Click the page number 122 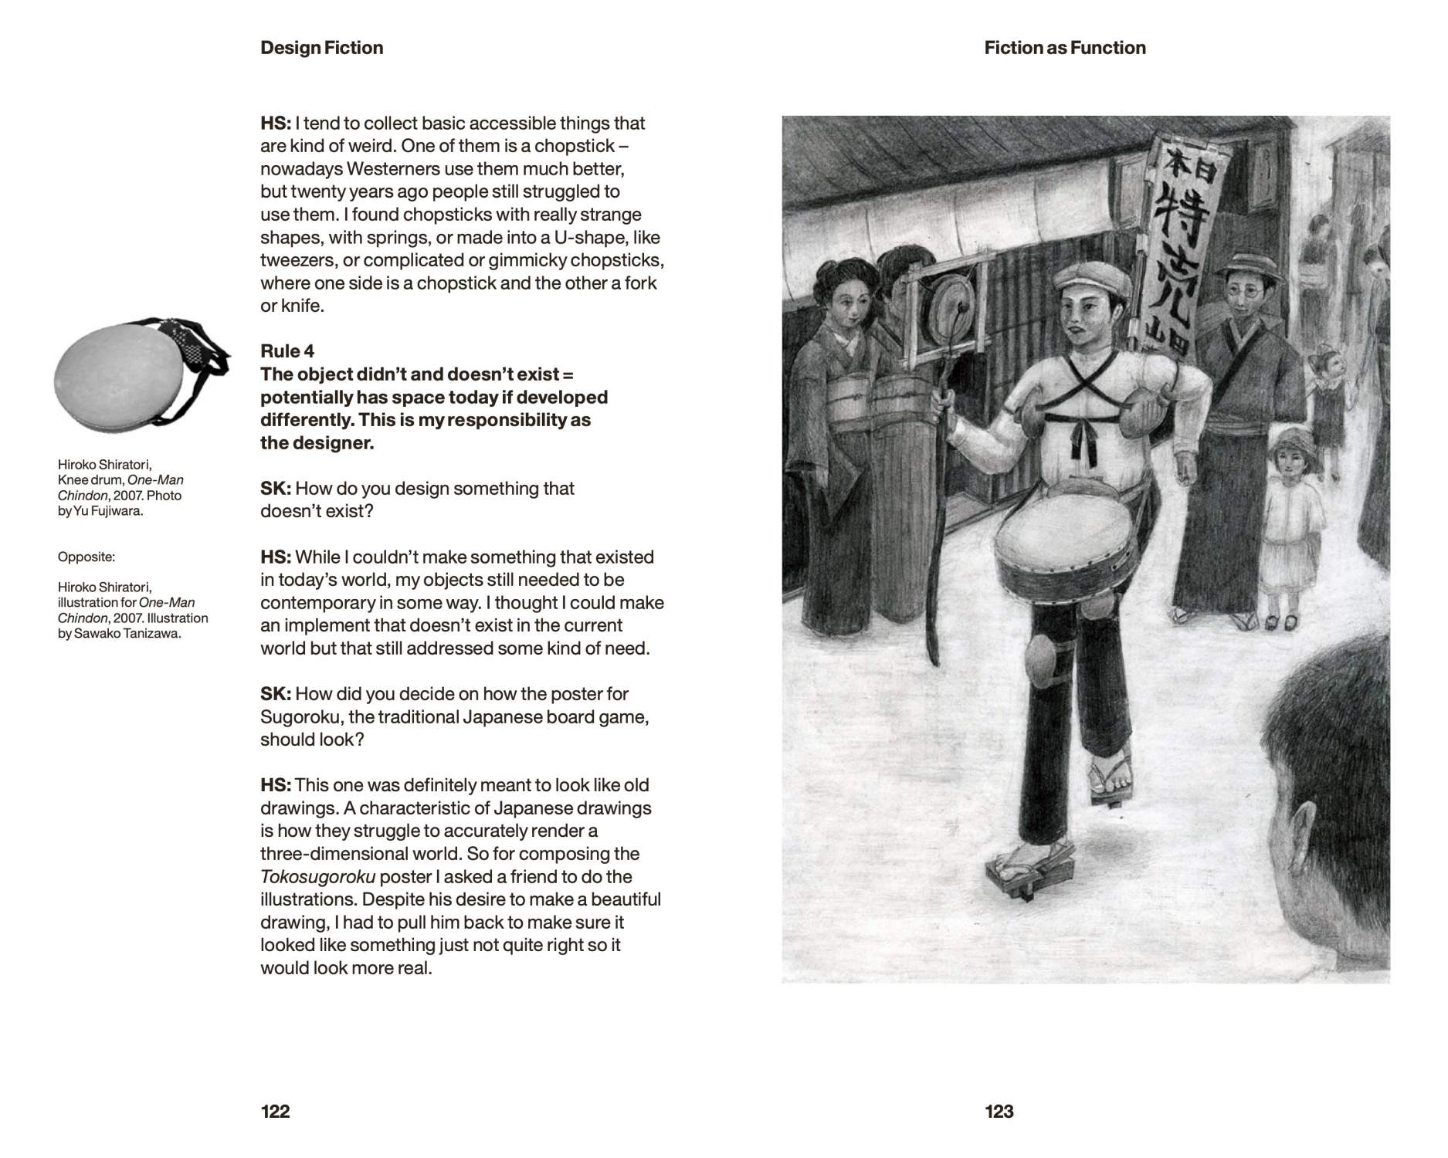click(x=275, y=1111)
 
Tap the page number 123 click(x=999, y=1111)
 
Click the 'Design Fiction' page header click(x=321, y=48)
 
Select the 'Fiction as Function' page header click(x=1064, y=48)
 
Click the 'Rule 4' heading click(x=287, y=351)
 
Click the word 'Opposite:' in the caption click(x=86, y=557)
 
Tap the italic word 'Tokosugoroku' click(x=318, y=877)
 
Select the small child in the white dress click(x=1286, y=525)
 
